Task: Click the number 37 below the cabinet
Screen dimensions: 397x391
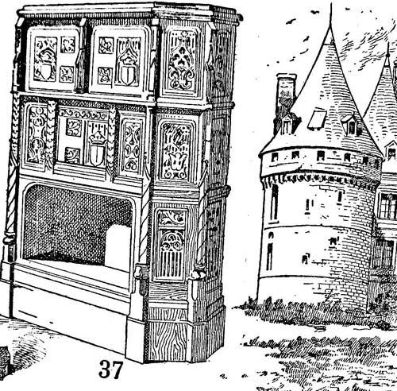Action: click(x=110, y=370)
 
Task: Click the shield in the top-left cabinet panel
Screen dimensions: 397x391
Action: click(x=45, y=70)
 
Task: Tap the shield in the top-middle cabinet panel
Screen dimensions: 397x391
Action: click(x=128, y=75)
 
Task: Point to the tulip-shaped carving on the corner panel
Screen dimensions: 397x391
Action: click(x=177, y=161)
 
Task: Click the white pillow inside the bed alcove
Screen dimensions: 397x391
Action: click(x=118, y=245)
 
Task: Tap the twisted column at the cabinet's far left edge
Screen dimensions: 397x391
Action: click(x=12, y=169)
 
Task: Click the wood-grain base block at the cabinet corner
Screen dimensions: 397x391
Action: click(x=168, y=341)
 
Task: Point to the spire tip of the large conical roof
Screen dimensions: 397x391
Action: click(x=330, y=4)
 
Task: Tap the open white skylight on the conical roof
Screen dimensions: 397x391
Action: click(x=317, y=120)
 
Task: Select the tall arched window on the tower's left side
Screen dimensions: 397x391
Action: click(x=274, y=203)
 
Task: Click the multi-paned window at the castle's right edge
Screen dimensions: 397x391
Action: click(x=388, y=206)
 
